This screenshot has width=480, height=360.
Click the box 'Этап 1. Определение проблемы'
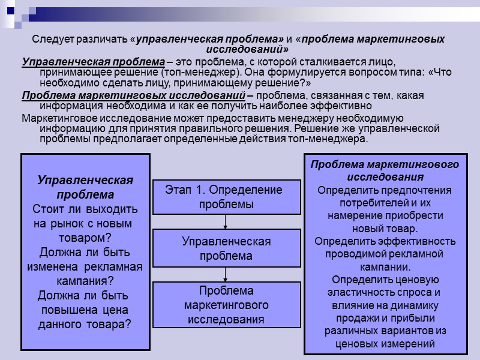coord(226,197)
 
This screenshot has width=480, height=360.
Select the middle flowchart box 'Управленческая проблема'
coord(226,248)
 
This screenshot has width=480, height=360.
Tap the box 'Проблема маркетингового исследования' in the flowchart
coord(226,305)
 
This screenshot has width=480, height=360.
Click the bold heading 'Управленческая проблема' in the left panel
coord(85,188)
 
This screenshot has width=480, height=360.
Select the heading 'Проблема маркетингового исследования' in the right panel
coord(385,170)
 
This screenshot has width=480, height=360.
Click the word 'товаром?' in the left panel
coord(85,238)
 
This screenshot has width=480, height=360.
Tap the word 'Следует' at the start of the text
coord(51,40)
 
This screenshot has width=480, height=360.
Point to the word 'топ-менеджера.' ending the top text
coord(331,139)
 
